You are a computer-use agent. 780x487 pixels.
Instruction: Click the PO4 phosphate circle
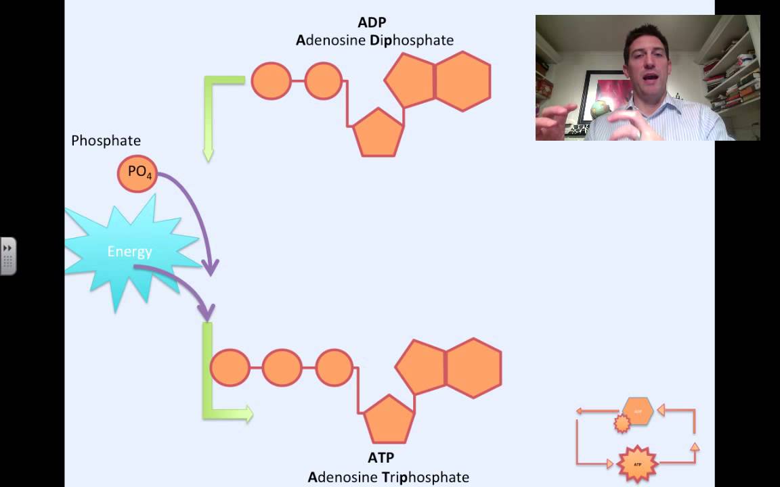coord(138,173)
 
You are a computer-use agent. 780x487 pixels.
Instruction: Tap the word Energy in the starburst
coord(129,252)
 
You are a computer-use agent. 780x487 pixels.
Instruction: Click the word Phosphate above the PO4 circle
coord(106,141)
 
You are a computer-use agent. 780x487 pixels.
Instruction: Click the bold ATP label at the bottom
coord(380,459)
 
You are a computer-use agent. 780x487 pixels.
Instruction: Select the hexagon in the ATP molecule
coord(473,369)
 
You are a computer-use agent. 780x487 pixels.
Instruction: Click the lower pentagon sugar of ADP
coord(378,134)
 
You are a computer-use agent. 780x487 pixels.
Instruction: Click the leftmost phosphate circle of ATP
coord(230,368)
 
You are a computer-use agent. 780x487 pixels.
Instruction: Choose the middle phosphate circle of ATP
coord(282,368)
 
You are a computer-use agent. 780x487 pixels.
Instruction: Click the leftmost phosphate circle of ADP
coord(271,81)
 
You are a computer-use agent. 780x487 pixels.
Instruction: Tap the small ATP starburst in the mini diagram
coord(637,465)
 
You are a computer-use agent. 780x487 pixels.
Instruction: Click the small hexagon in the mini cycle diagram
coord(638,411)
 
